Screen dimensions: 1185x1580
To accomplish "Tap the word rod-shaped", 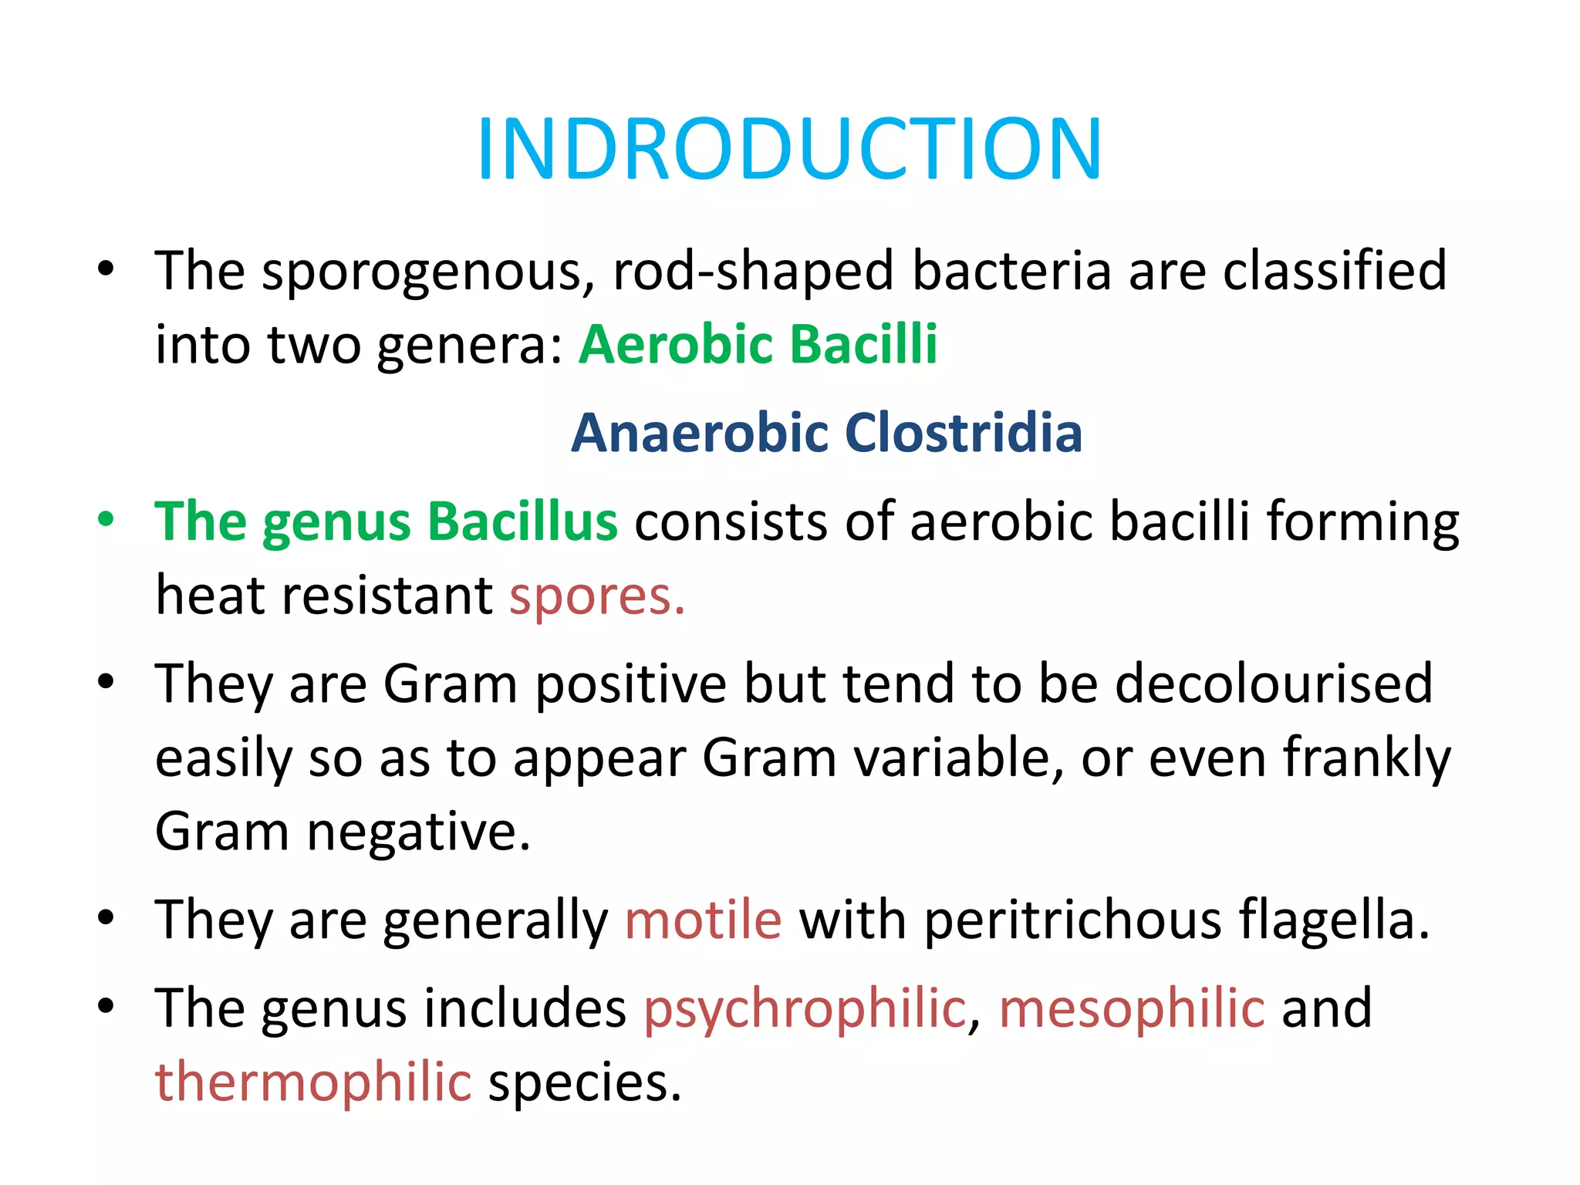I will (x=753, y=272).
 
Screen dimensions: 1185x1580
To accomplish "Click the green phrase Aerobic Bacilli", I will (x=758, y=343).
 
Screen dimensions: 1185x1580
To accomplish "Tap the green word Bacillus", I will (x=522, y=522).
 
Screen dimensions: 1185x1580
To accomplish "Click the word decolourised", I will (x=1274, y=684).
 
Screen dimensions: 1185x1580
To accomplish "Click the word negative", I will (x=418, y=832).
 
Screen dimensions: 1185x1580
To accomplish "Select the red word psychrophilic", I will (x=805, y=1009).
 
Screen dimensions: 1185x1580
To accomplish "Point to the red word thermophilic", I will (x=313, y=1082).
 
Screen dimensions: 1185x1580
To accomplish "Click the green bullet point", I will (x=106, y=519).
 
